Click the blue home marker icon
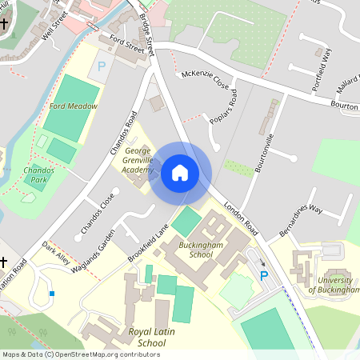click(180, 173)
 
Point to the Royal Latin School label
click(134, 337)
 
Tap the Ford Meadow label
click(73, 106)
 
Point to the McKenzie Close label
click(206, 80)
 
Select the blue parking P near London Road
click(263, 276)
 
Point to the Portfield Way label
click(322, 63)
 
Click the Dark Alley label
click(56, 254)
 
